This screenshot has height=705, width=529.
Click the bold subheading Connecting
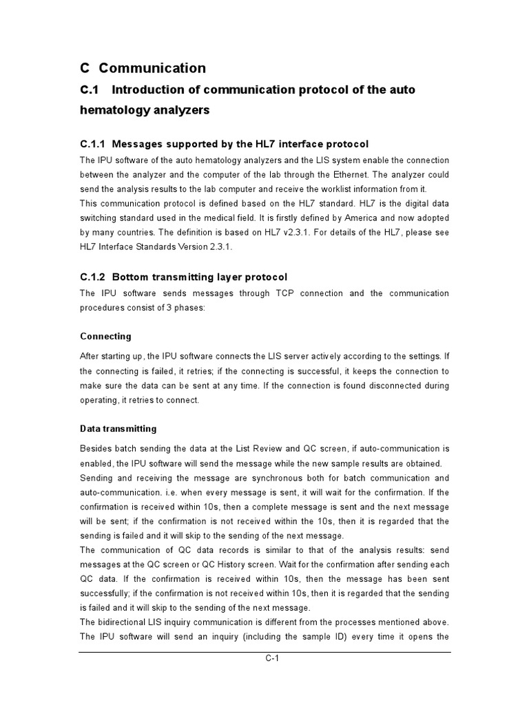[x=105, y=337]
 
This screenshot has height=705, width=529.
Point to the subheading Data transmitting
[x=118, y=428]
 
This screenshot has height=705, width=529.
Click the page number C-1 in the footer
[x=272, y=658]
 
